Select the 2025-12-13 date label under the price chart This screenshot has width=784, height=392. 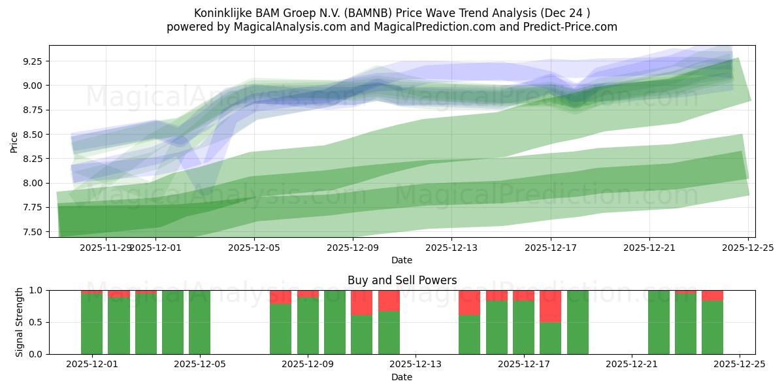(x=451, y=248)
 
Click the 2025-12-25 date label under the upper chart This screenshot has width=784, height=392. (x=747, y=248)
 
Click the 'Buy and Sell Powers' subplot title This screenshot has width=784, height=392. (x=402, y=281)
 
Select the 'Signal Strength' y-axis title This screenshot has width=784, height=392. (x=20, y=322)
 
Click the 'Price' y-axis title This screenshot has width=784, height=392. (x=14, y=142)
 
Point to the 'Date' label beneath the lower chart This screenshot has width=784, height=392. (x=402, y=377)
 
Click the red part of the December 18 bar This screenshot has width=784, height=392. (x=551, y=306)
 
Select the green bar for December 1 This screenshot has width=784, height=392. (x=91, y=323)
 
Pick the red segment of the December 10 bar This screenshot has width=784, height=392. (x=361, y=302)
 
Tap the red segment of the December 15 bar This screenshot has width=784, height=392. (x=470, y=302)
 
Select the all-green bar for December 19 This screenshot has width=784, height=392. (x=578, y=322)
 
